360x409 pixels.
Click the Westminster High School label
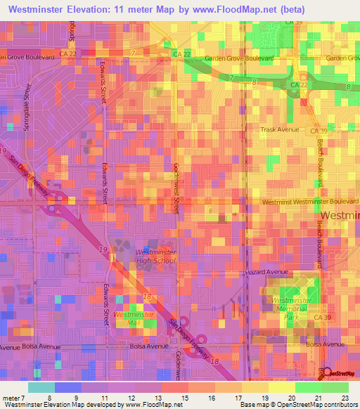155,256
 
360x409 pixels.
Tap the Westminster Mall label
128,318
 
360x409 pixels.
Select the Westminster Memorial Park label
292,309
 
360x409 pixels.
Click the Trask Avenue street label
281,130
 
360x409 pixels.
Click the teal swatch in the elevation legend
41,387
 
